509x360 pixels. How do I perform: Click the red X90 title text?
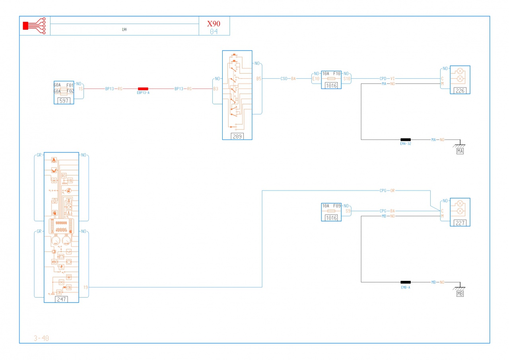click(x=214, y=23)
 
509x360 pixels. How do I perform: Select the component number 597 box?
click(x=64, y=101)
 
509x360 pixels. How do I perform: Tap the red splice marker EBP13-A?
click(x=143, y=89)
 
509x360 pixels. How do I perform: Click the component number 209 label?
click(x=237, y=136)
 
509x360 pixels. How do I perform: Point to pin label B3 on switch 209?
click(x=216, y=89)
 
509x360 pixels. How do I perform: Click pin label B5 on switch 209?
click(x=259, y=79)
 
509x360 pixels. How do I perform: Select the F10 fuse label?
click(x=337, y=74)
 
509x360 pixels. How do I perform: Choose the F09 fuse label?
click(x=337, y=206)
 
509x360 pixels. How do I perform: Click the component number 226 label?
click(x=460, y=91)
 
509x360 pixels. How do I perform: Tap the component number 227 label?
click(x=460, y=223)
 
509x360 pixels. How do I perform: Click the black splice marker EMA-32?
click(x=406, y=140)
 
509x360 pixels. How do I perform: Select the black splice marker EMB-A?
click(x=406, y=282)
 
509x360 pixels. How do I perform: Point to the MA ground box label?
click(x=460, y=151)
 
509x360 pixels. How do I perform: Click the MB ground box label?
click(x=460, y=294)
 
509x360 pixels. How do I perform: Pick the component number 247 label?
click(x=61, y=299)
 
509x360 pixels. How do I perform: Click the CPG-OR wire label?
click(x=387, y=191)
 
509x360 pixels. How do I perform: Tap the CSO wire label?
click(x=284, y=79)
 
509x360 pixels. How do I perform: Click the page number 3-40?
click(x=41, y=339)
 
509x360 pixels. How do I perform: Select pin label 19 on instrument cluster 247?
click(x=86, y=287)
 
